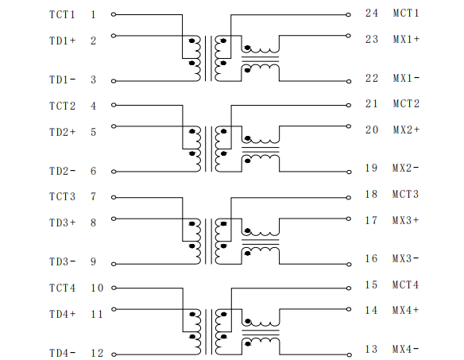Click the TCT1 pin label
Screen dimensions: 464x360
click(62, 14)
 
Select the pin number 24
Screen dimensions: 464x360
click(372, 13)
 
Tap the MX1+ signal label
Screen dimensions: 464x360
click(406, 39)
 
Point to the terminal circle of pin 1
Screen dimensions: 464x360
click(114, 14)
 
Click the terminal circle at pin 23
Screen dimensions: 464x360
click(349, 36)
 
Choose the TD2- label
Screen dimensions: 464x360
click(63, 171)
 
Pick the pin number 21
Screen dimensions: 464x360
click(372, 103)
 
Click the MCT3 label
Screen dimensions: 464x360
click(405, 194)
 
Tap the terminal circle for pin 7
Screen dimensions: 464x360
click(114, 197)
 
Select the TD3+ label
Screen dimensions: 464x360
click(63, 223)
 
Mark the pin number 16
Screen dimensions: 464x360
click(371, 258)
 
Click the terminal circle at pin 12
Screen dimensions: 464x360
click(114, 354)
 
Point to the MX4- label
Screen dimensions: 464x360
click(405, 349)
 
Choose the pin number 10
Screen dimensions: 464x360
click(97, 288)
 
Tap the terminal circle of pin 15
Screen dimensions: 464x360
click(349, 288)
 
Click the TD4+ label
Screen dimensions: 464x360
click(63, 314)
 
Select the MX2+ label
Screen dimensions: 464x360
click(406, 130)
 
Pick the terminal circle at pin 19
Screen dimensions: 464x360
click(349, 172)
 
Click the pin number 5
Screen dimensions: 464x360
click(93, 132)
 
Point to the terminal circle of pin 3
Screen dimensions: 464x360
click(114, 81)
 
